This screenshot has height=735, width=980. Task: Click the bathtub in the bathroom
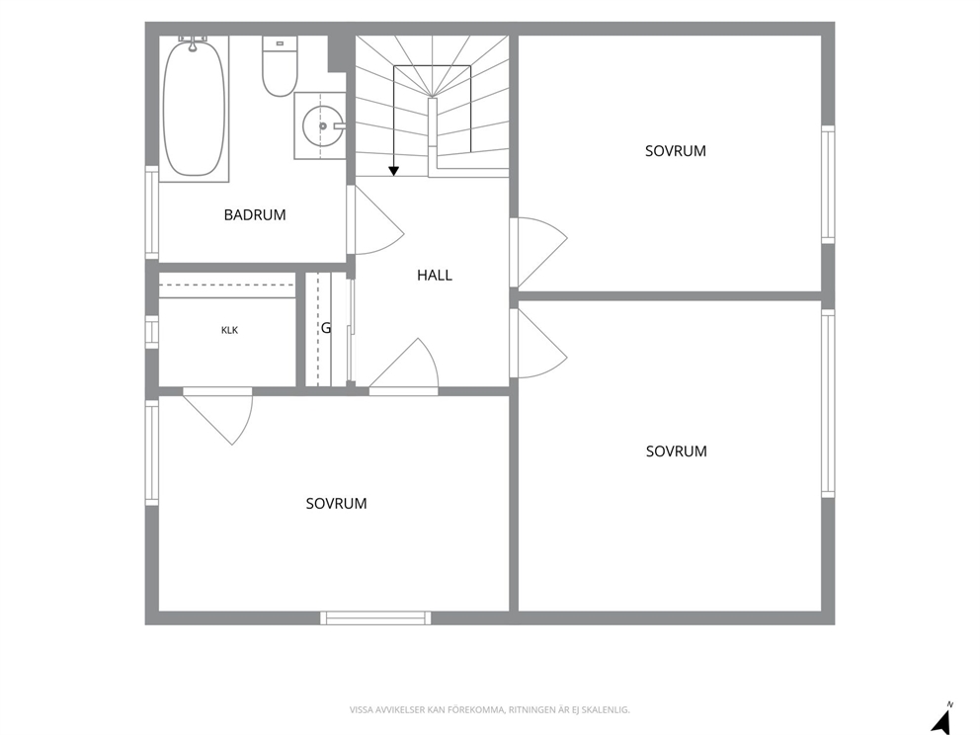pyautogui.click(x=193, y=108)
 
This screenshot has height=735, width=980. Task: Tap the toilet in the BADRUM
pyautogui.click(x=280, y=66)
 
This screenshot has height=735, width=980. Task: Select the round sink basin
pyautogui.click(x=322, y=126)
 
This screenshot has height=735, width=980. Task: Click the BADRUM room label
pyautogui.click(x=255, y=215)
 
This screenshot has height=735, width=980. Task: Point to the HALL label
pyautogui.click(x=435, y=275)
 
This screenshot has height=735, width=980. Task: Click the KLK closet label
pyautogui.click(x=229, y=330)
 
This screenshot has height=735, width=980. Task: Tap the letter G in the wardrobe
pyautogui.click(x=326, y=328)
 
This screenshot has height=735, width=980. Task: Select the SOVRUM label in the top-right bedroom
pyautogui.click(x=676, y=151)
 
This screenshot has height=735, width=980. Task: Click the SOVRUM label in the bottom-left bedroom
pyautogui.click(x=336, y=504)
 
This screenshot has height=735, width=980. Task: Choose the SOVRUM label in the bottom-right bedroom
pyautogui.click(x=677, y=451)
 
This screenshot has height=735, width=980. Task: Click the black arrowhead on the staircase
pyautogui.click(x=394, y=171)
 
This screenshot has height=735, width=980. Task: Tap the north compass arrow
pyautogui.click(x=941, y=719)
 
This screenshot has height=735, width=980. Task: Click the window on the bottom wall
pyautogui.click(x=375, y=618)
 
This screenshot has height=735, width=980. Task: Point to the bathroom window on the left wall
pyautogui.click(x=152, y=211)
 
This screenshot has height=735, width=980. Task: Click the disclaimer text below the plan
pyautogui.click(x=489, y=710)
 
